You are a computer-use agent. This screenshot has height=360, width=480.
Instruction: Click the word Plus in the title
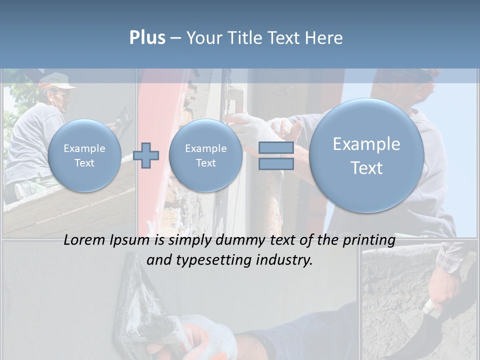pos(147,38)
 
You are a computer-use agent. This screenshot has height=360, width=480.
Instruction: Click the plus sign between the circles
pos(146,155)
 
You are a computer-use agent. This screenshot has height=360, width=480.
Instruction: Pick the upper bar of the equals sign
pos(276,147)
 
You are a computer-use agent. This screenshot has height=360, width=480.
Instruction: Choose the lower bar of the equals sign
pos(276,163)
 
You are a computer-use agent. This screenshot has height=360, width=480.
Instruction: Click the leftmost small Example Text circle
pos(84,155)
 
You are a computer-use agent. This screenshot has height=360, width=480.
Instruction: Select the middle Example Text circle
pos(205,155)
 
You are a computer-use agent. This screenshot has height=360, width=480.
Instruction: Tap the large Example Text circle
pos(366,155)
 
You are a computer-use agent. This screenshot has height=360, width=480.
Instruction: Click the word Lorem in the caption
pos(85,240)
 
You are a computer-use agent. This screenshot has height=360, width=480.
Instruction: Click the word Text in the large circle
pos(366,168)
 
